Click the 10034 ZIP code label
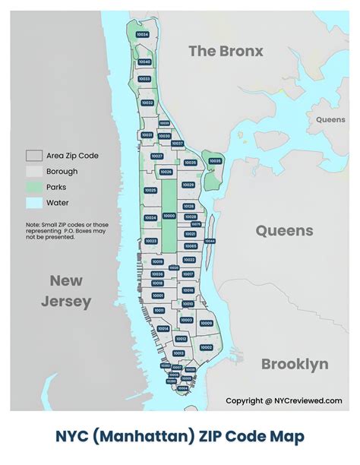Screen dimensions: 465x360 142,35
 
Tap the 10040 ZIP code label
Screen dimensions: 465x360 145,62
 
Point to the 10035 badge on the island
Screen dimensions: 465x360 215,161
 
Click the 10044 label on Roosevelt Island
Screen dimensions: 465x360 210,241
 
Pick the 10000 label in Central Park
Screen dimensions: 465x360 169,216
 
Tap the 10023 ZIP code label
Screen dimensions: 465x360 150,241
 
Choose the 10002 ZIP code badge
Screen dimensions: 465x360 206,346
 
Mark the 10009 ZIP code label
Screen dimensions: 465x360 206,323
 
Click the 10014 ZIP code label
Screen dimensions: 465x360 163,328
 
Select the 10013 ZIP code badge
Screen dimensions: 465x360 178,353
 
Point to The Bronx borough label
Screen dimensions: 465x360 226,52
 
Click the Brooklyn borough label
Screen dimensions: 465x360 295,364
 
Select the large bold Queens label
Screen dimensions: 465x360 283,231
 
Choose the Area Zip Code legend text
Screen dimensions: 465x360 72,156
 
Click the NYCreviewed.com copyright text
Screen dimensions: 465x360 284,400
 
